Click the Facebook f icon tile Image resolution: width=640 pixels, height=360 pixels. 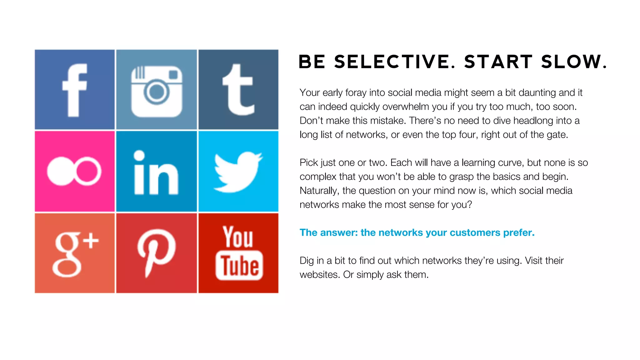pos(75,89)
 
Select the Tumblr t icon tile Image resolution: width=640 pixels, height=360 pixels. pos(238,89)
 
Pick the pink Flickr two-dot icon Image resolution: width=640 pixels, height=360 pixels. pos(74,171)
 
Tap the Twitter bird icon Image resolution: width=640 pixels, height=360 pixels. pos(238,172)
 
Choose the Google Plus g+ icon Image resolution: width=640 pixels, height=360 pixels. pos(75,253)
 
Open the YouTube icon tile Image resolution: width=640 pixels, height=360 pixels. pos(238,253)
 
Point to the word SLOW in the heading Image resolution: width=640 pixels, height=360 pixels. pos(572,62)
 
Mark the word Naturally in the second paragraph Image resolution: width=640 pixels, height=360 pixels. pos(318,191)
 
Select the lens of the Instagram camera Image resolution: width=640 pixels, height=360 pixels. pos(156,92)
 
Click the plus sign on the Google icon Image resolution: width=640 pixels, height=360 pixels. pos(91,241)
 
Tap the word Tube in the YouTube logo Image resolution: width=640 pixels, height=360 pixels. pos(239,266)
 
